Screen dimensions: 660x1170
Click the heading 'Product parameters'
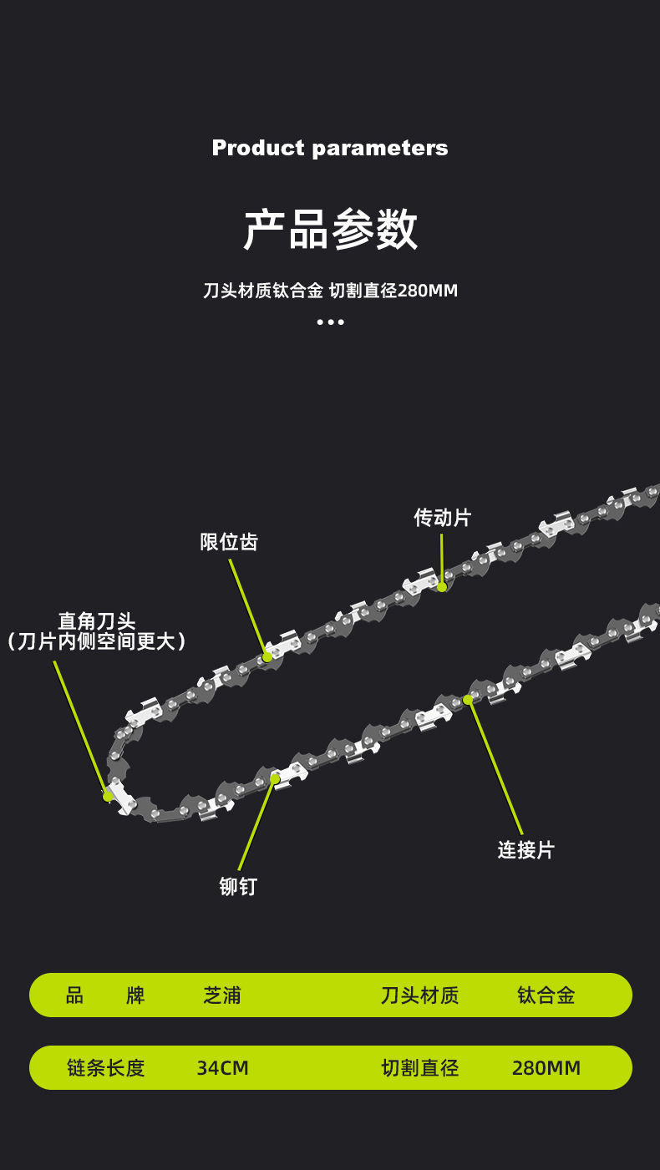tap(330, 148)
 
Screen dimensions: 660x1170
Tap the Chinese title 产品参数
tap(330, 229)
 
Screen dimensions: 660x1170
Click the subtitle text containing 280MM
tap(330, 291)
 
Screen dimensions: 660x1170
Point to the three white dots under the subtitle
tap(330, 322)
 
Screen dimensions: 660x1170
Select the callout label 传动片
tap(442, 518)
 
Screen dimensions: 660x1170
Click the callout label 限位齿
tap(229, 542)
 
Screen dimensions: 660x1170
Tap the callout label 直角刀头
tap(96, 621)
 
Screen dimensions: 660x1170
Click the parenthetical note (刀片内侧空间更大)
tap(96, 641)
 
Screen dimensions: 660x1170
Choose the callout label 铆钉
tap(238, 887)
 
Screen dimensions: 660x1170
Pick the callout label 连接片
tap(525, 850)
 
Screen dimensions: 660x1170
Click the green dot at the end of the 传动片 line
tap(442, 586)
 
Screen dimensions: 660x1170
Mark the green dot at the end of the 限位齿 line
tap(267, 657)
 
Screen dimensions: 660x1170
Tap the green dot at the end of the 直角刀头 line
tap(108, 796)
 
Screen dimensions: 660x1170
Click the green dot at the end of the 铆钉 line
tap(275, 779)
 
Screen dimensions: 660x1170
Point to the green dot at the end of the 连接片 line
tap(468, 700)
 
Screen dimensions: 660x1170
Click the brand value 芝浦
tap(222, 995)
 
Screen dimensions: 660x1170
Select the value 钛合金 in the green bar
tap(546, 995)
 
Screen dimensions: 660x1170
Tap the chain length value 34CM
tap(222, 1068)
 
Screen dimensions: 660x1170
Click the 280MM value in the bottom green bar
tap(546, 1068)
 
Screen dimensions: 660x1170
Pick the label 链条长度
tap(105, 1068)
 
